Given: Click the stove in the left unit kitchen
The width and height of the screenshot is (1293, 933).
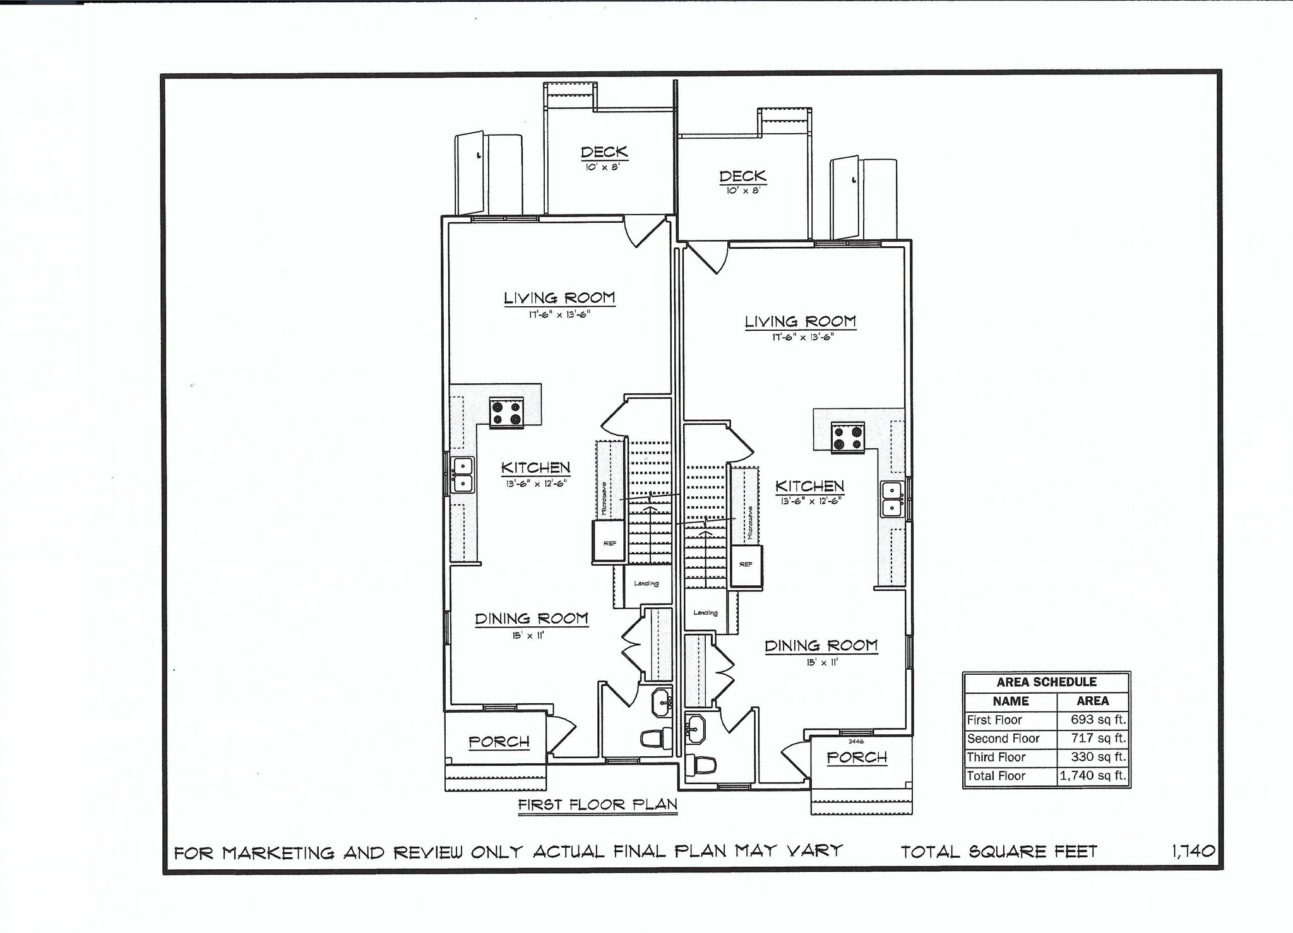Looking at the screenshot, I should point(506,412).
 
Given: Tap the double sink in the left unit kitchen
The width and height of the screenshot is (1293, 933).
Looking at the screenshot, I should point(462,475).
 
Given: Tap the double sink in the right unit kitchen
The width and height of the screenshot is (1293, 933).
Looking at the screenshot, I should point(891,499).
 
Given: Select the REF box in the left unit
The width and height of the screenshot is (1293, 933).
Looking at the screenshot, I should point(609,542).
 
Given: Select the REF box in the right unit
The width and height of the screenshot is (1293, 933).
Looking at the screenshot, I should point(746,564).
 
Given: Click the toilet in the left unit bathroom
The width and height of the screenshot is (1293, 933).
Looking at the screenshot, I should point(657,738).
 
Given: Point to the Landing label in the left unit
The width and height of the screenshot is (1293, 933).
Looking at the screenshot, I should point(646,583).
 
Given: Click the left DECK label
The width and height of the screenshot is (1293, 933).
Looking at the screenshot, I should point(604,152).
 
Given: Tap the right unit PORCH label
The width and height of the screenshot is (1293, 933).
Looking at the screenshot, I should point(857,756).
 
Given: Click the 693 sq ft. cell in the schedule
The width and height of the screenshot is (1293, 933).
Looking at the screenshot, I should point(1093,720).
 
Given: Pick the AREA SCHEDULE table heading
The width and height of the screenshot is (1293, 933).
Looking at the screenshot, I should point(1046,682).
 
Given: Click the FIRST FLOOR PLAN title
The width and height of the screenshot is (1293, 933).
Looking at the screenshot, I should point(597,805).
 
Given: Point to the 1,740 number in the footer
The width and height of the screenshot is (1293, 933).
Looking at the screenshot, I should point(1193,852).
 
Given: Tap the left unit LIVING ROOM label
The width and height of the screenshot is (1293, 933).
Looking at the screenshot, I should point(559,298).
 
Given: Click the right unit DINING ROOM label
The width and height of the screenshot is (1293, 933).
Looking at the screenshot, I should point(821,646).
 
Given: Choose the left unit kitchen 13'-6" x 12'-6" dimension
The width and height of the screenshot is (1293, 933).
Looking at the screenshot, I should point(535,484).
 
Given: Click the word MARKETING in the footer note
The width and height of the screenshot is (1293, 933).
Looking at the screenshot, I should point(278,853).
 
